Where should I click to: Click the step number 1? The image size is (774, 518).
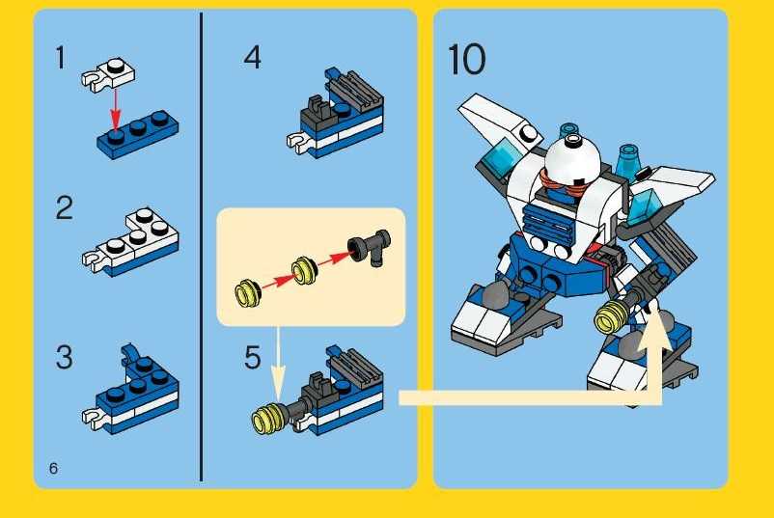tap(60, 58)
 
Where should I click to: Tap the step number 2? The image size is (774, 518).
tap(64, 207)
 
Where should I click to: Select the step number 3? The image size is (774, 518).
tap(64, 357)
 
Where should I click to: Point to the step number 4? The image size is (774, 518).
tap(252, 57)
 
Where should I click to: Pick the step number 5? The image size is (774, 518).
tap(252, 357)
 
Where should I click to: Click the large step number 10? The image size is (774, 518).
tap(466, 59)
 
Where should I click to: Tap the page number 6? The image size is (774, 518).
tap(53, 468)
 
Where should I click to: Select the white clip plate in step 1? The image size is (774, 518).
tap(108, 74)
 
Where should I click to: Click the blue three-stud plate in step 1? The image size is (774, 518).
tap(138, 135)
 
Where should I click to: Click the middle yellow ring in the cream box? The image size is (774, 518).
tap(304, 270)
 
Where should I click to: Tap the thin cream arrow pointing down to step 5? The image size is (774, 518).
tap(278, 365)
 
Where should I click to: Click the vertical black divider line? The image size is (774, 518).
tap(201, 247)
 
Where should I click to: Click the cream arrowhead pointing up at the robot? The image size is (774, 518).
tap(654, 327)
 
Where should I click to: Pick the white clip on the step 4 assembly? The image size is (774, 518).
tap(299, 142)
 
